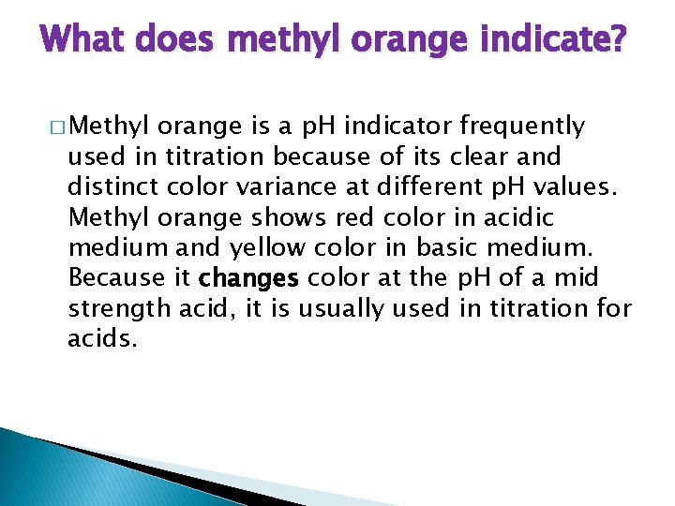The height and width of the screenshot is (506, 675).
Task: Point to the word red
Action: pos(360,217)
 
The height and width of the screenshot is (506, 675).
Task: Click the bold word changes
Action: pos(249,279)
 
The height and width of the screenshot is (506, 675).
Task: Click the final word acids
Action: pos(102,339)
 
